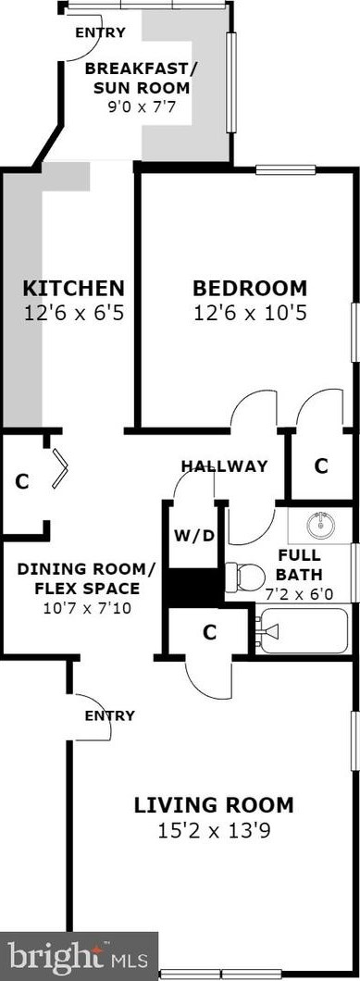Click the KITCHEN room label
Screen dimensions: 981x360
pyautogui.click(x=73, y=287)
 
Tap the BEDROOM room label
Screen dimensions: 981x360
pyautogui.click(x=249, y=287)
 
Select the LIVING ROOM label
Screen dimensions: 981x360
pyautogui.click(x=214, y=804)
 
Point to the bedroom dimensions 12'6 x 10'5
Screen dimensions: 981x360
pyautogui.click(x=249, y=313)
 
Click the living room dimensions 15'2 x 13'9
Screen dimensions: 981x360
pyautogui.click(x=214, y=830)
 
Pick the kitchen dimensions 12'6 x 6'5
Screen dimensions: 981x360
pyautogui.click(x=73, y=313)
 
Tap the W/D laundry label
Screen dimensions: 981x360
pyautogui.click(x=193, y=535)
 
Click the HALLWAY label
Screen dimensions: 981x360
pyautogui.click(x=224, y=466)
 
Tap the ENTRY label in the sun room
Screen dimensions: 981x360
pyautogui.click(x=100, y=32)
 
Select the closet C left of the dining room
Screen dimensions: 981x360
pyautogui.click(x=22, y=481)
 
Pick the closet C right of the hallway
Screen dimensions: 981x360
pyautogui.click(x=320, y=466)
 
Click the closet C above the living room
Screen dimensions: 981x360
pyautogui.click(x=210, y=632)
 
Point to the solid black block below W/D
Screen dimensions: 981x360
pyautogui.click(x=192, y=584)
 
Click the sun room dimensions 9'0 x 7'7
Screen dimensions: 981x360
pyautogui.click(x=151, y=106)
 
